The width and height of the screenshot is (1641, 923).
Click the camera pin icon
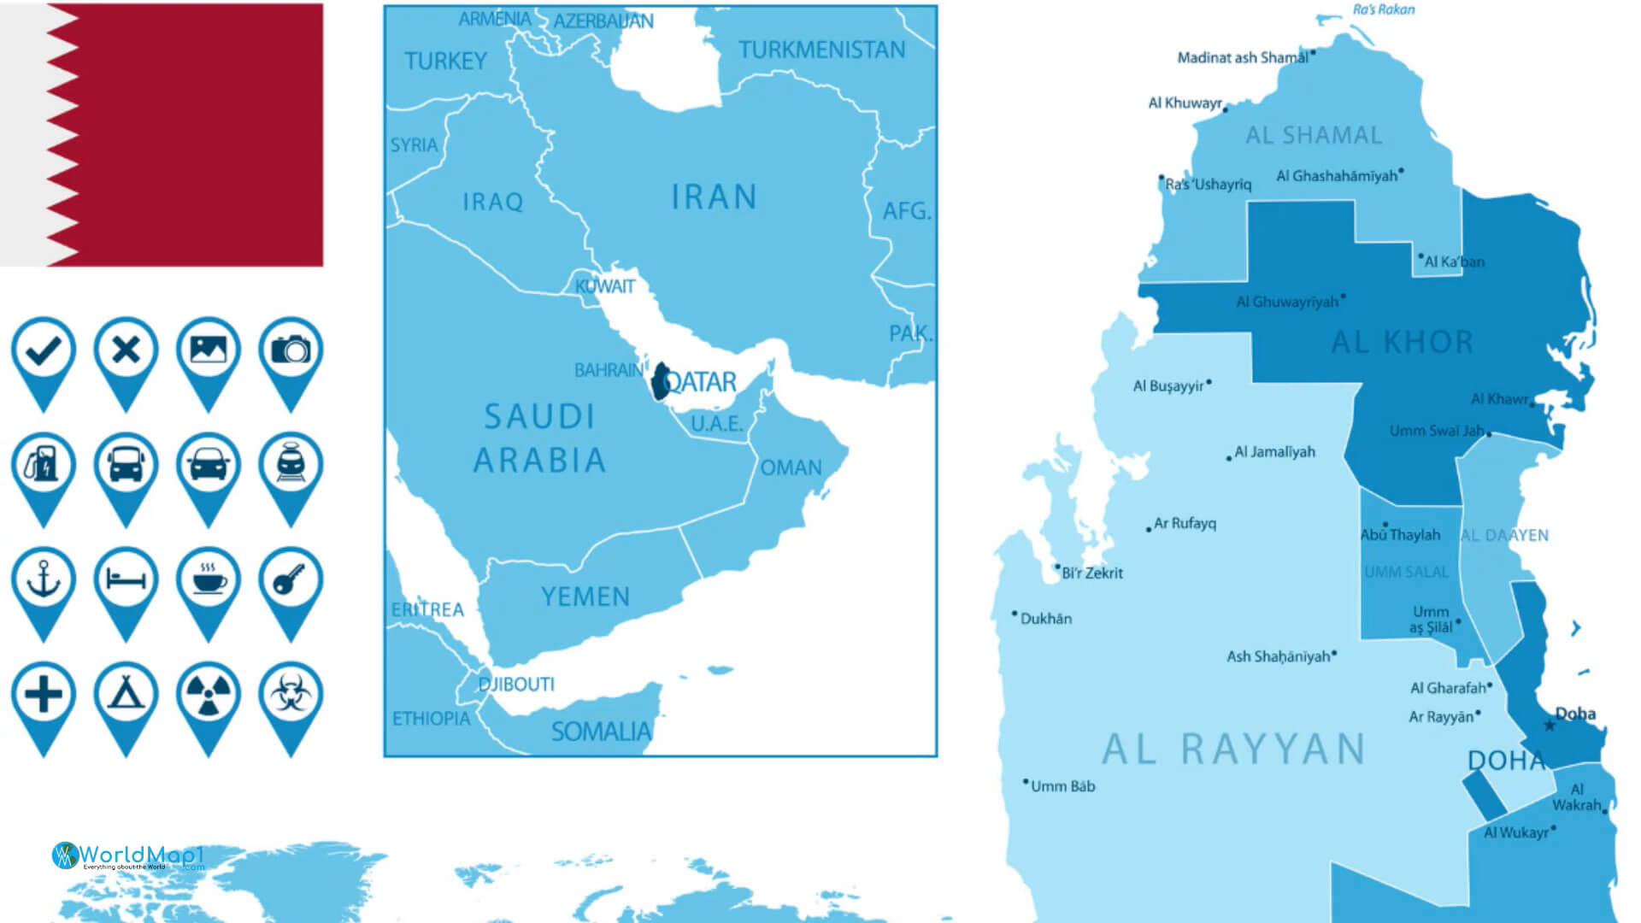click(291, 350)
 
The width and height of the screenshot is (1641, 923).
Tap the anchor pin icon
click(44, 580)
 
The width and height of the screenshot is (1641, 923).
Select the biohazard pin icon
click(291, 695)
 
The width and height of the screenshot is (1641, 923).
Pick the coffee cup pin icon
click(209, 580)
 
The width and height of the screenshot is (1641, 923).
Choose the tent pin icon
click(126, 695)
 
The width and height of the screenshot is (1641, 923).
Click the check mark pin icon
click(44, 350)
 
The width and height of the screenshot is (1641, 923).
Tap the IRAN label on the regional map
click(714, 197)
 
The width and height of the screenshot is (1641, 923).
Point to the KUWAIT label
click(605, 286)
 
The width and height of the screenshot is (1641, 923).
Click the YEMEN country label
click(585, 597)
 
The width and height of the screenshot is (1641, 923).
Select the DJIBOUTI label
click(516, 685)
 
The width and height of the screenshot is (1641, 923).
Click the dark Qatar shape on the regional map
click(660, 382)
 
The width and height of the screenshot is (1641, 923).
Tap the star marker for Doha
click(1550, 726)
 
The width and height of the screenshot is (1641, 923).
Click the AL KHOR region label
click(1403, 343)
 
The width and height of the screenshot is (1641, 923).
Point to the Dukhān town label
click(1045, 619)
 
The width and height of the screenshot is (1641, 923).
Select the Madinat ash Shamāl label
click(1243, 58)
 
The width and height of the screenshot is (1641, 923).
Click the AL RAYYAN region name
click(1233, 750)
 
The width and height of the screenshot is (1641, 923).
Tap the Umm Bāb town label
click(1062, 786)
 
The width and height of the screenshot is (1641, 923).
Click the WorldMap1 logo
click(128, 855)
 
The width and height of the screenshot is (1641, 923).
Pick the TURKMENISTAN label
click(821, 50)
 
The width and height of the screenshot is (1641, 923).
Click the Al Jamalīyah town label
click(1274, 452)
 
